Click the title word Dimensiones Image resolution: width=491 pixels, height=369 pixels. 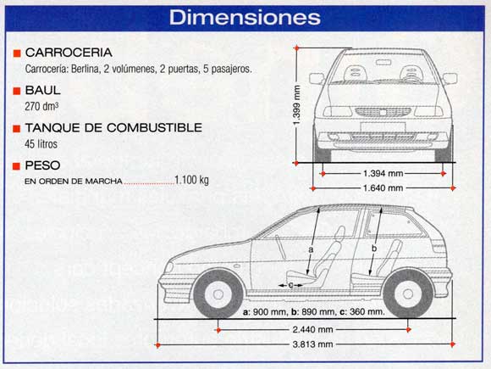(245, 17)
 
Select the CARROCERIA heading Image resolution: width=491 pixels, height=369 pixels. (69, 53)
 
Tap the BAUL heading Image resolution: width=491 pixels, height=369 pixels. (42, 90)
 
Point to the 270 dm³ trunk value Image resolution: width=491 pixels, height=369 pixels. (41, 106)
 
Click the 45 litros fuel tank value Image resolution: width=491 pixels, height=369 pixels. (41, 144)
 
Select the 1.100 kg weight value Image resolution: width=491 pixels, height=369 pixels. (191, 180)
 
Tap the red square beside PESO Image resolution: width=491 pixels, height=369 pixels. (17, 165)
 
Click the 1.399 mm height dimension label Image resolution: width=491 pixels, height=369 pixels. (297, 105)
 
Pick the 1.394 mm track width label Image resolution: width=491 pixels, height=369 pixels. (383, 173)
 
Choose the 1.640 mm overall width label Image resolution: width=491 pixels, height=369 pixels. (383, 188)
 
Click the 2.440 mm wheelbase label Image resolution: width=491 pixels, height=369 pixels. (312, 329)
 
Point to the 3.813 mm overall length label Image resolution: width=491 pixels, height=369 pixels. (312, 344)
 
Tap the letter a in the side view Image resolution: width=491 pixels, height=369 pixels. (311, 249)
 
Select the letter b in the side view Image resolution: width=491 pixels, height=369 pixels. (374, 249)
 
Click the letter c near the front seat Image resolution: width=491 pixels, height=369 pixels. (290, 285)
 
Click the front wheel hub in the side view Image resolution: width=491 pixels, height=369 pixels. (218, 294)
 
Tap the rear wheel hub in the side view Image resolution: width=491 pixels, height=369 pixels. (408, 294)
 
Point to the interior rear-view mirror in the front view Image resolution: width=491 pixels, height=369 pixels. (383, 62)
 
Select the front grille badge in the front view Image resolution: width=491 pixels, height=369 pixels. (383, 112)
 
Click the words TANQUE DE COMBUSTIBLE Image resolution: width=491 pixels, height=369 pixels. (113, 128)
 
